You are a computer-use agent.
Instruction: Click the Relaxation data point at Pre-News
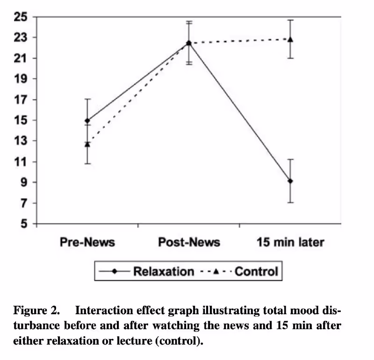pos(87,120)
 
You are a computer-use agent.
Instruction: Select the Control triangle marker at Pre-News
pos(87,144)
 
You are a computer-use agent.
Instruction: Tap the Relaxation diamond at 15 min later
pos(290,181)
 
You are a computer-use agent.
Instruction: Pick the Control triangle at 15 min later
pos(290,39)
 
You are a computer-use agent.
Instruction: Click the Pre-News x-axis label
pos(87,242)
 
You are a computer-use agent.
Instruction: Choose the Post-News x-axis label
pos(189,242)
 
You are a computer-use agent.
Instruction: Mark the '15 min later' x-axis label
pos(290,242)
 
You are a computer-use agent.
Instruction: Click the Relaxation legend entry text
pos(164,271)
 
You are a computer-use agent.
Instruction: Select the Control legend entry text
pos(256,271)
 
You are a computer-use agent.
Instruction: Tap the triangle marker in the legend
pos(216,271)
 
